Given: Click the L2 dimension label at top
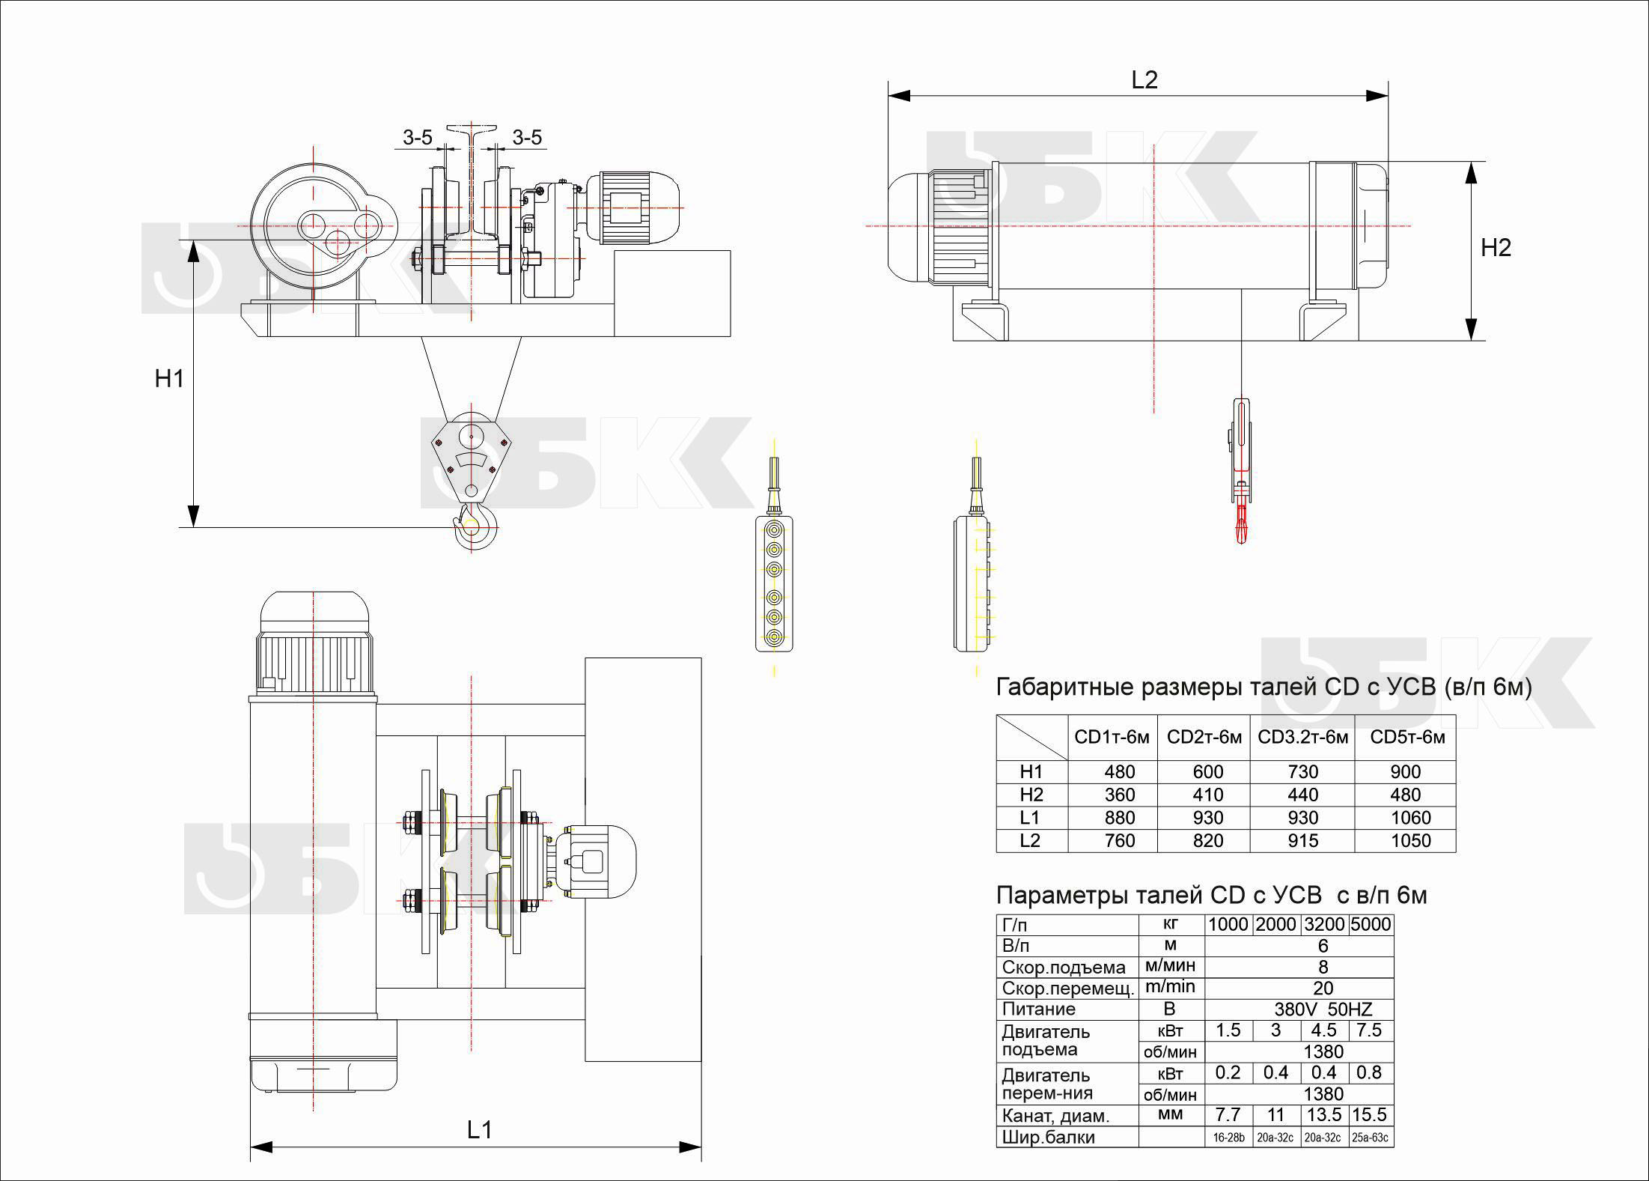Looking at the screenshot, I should click(1144, 80).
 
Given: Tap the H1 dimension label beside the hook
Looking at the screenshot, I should click(169, 379).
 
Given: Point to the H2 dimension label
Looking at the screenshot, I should click(1496, 248).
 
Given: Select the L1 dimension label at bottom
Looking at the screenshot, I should click(479, 1130).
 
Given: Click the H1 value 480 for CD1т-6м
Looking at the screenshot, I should click(1119, 772).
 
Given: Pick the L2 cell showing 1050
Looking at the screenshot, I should click(1410, 840).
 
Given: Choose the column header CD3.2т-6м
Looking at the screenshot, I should click(1302, 737).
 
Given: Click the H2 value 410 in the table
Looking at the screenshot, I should click(1207, 795).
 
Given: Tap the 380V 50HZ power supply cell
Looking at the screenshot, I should click(1323, 1009).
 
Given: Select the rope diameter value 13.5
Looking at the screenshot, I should click(1323, 1115).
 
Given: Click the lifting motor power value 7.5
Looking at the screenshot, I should click(1369, 1030).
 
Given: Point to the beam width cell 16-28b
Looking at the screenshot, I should click(1228, 1138).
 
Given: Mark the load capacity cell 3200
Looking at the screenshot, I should click(1324, 925).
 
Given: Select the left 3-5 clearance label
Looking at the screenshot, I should click(417, 138).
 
